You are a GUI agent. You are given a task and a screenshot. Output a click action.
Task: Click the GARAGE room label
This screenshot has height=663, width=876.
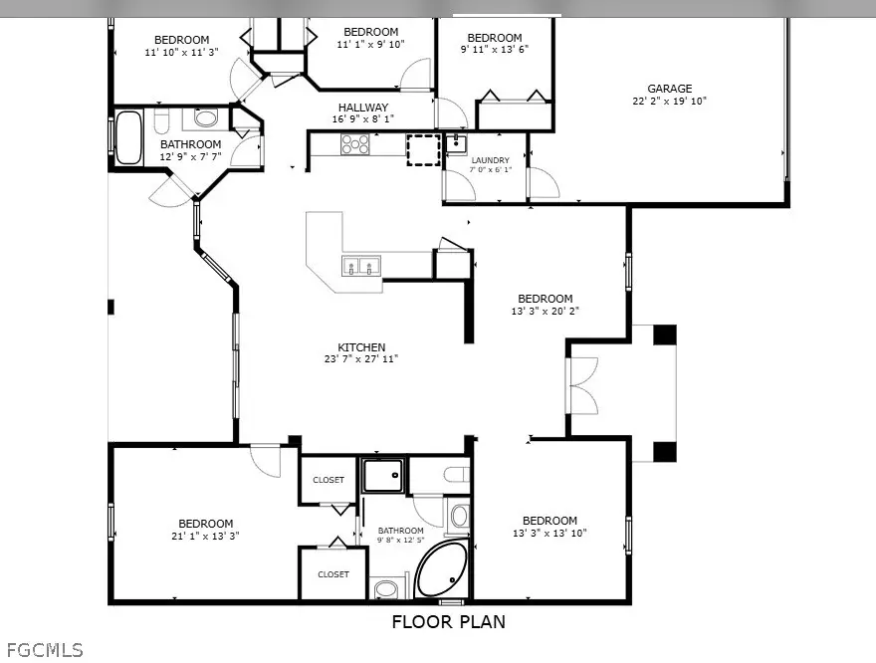[x=669, y=89]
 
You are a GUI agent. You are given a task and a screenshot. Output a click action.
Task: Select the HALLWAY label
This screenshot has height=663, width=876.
[x=362, y=108]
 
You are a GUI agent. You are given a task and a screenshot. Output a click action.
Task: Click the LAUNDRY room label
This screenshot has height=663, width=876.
[x=491, y=160]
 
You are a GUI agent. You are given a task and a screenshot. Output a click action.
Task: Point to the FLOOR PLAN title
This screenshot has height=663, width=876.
[x=448, y=622]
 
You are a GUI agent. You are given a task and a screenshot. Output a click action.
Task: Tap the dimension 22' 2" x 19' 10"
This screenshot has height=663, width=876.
[x=669, y=102]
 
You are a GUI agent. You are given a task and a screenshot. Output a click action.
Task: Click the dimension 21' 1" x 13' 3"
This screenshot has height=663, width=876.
[x=205, y=536]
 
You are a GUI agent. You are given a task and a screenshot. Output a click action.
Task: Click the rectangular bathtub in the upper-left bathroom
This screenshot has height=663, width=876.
[x=128, y=137]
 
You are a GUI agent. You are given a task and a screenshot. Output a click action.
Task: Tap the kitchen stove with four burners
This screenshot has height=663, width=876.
[x=355, y=144]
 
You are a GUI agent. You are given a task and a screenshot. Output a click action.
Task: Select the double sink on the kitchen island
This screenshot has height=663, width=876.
[x=361, y=266]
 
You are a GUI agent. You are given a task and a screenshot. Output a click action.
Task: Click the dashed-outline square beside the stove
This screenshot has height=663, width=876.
[x=422, y=149]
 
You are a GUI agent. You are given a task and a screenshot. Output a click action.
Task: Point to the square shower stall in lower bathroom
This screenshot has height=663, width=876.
[x=384, y=476]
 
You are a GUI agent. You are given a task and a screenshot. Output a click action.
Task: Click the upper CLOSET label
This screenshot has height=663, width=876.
[x=328, y=480]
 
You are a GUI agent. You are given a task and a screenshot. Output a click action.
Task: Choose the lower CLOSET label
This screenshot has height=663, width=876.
[x=333, y=574]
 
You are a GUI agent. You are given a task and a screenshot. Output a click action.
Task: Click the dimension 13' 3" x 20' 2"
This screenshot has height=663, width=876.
[x=545, y=311]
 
